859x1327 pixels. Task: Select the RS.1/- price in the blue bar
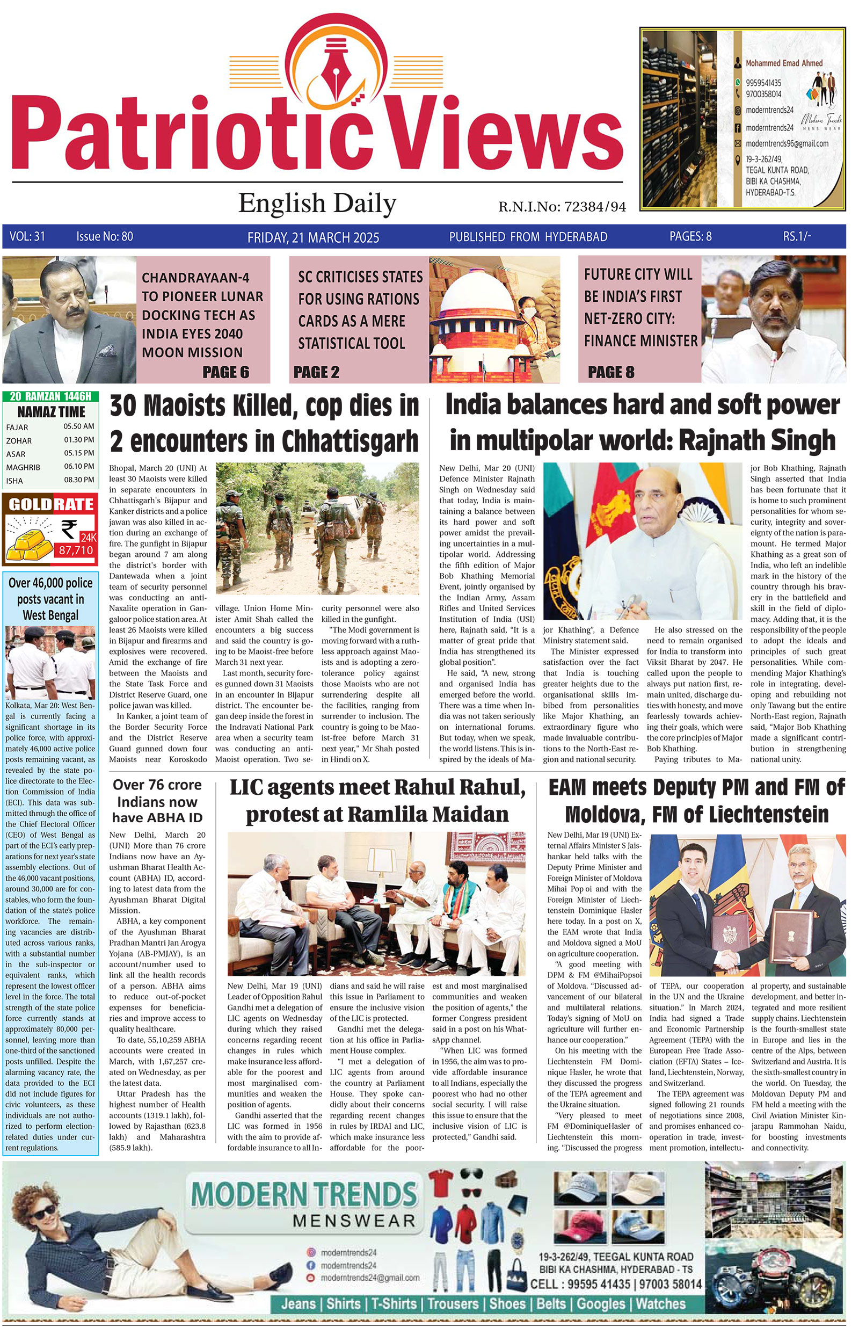(x=797, y=236)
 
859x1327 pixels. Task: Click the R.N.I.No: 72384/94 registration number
(x=562, y=207)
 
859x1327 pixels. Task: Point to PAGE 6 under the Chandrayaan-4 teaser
(x=226, y=372)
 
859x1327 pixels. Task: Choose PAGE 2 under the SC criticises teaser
(x=316, y=372)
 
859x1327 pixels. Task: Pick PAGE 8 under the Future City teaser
(x=611, y=372)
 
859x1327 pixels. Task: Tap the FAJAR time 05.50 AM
(x=78, y=426)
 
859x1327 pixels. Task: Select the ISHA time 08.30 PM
(x=78, y=480)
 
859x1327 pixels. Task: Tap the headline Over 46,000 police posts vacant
(x=50, y=599)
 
